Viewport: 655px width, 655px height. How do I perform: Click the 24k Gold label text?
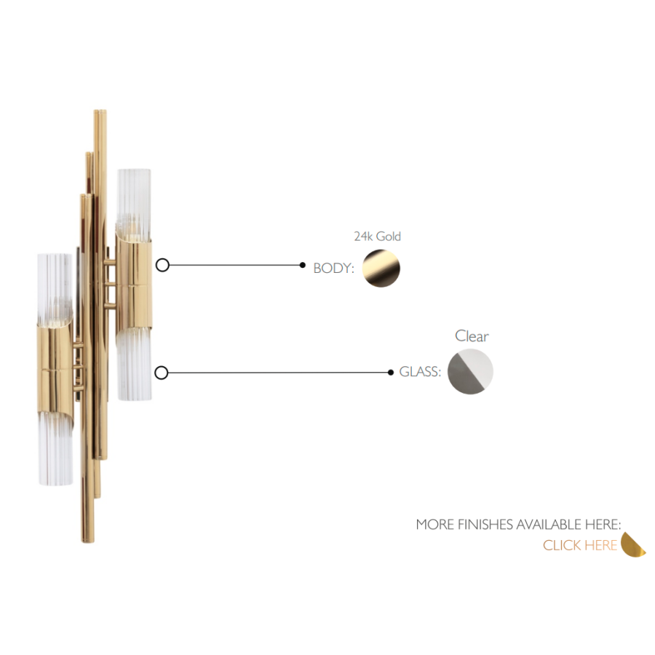377,237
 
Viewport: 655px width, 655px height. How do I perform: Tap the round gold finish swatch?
381,268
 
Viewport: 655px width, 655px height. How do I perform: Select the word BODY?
333,268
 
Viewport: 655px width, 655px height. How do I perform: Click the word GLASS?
420,371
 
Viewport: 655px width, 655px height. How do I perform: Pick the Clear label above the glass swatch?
472,336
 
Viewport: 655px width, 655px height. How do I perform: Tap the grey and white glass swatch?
470,372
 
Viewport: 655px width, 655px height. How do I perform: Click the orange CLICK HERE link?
580,545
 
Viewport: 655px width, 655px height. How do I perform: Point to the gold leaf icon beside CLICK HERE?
633,544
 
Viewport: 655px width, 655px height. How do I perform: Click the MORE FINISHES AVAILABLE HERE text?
518,524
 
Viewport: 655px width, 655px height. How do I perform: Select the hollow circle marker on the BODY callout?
162,265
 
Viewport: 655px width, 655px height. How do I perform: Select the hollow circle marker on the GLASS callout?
162,373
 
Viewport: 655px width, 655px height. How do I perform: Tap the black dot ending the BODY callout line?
303,265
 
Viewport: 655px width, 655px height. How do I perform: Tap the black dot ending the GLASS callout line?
391,372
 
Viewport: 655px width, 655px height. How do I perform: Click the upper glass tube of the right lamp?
134,205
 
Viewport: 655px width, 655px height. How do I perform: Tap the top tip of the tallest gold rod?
100,111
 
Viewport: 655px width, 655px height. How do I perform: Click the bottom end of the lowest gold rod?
87,541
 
